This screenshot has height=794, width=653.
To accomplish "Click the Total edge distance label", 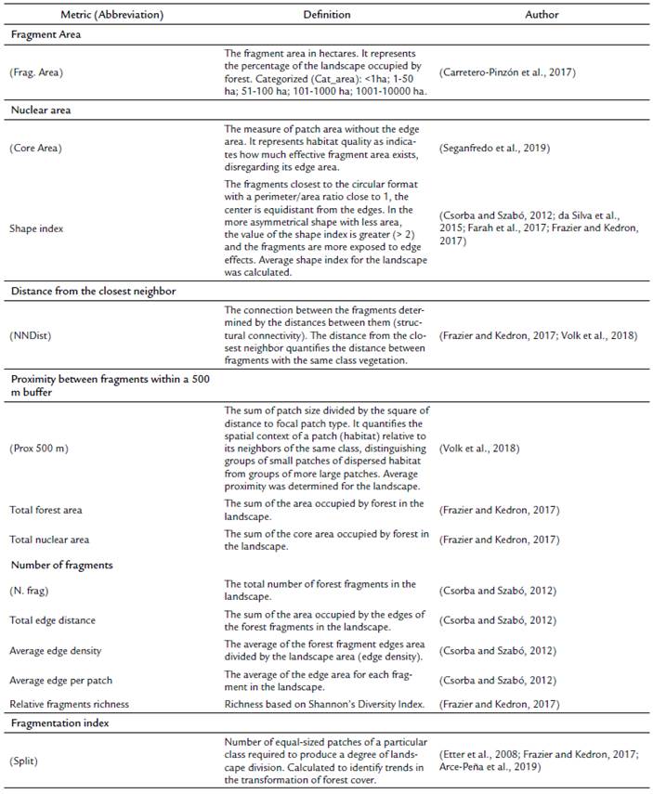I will coord(53,619).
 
